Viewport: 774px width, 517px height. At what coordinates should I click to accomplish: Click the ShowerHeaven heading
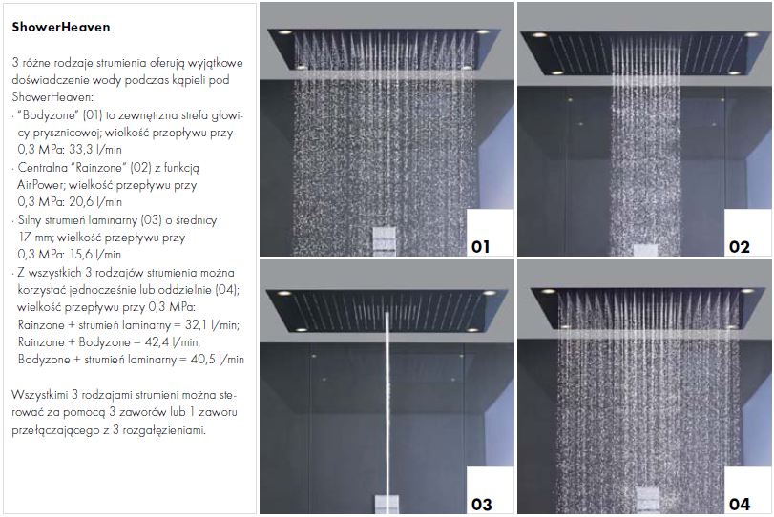61,27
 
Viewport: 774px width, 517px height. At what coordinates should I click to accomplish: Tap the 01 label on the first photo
480,246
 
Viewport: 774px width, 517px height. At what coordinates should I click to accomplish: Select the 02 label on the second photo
739,246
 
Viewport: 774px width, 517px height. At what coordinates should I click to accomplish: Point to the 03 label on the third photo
481,505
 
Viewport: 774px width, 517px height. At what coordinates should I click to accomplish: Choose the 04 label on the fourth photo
740,505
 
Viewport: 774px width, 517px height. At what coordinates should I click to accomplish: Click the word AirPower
40,185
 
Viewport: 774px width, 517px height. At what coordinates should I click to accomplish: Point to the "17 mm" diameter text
35,237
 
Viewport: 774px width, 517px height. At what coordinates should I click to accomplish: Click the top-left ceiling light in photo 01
284,32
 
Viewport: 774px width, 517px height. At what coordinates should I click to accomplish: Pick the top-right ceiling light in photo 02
751,34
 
